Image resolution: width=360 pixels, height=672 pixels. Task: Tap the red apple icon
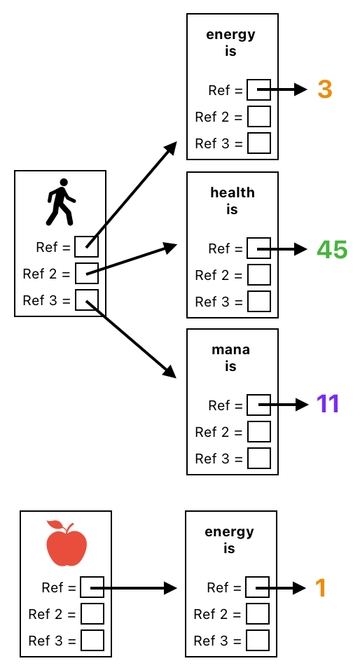[x=66, y=543]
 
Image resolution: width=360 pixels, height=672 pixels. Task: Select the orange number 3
[x=325, y=90]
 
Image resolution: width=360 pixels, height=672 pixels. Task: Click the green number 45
[x=331, y=249]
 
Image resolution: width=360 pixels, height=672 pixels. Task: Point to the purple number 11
[x=328, y=404]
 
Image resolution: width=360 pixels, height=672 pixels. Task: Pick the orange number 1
[x=321, y=588]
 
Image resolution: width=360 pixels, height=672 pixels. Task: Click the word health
[x=232, y=192]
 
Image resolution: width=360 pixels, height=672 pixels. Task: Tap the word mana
[x=232, y=349]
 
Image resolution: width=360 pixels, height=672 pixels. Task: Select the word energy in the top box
[x=231, y=35]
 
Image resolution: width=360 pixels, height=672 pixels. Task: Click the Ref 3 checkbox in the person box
[x=87, y=299]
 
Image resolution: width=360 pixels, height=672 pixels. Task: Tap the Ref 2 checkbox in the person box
[x=87, y=272]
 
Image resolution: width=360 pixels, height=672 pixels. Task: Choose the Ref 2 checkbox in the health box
[x=259, y=275]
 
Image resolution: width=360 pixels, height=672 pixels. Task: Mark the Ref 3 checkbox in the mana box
[x=259, y=458]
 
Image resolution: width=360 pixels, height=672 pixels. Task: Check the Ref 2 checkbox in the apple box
[x=93, y=614]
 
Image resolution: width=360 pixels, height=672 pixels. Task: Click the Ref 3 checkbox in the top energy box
[x=259, y=143]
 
